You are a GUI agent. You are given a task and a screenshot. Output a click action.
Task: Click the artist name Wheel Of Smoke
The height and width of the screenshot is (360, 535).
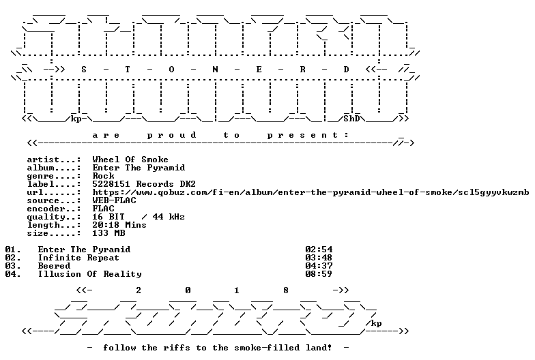tap(130, 160)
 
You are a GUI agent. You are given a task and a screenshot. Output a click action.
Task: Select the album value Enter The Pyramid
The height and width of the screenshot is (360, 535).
tap(139, 168)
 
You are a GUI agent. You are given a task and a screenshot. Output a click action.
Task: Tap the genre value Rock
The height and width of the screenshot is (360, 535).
tap(104, 176)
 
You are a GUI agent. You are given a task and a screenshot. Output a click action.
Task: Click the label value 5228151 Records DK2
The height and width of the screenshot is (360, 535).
tap(144, 184)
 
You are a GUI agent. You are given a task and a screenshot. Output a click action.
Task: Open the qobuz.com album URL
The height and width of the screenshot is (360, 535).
tap(311, 192)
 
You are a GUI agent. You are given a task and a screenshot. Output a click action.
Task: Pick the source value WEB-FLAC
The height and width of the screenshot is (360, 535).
tap(115, 200)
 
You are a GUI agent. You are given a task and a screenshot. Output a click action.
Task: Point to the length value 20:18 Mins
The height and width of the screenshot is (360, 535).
tap(119, 225)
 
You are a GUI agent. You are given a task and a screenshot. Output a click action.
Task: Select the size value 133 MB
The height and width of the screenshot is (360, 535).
tap(109, 233)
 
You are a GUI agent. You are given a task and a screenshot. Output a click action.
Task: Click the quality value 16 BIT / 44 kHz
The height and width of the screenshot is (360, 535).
tap(139, 217)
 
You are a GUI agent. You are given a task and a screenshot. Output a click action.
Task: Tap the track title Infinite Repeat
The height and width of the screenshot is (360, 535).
tap(79, 258)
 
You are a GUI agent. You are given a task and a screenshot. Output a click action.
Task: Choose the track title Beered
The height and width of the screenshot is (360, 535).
tap(55, 266)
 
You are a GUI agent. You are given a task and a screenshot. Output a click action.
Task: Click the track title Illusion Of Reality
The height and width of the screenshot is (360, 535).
tap(90, 274)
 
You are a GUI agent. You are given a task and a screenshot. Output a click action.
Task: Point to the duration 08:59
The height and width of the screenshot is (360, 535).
tap(319, 274)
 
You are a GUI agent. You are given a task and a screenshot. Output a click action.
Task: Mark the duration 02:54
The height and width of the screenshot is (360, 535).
tap(319, 250)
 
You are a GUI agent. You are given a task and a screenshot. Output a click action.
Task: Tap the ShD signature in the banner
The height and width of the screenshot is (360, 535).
tap(352, 119)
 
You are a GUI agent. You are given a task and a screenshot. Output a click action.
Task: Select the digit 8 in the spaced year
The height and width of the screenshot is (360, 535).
tap(286, 290)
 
